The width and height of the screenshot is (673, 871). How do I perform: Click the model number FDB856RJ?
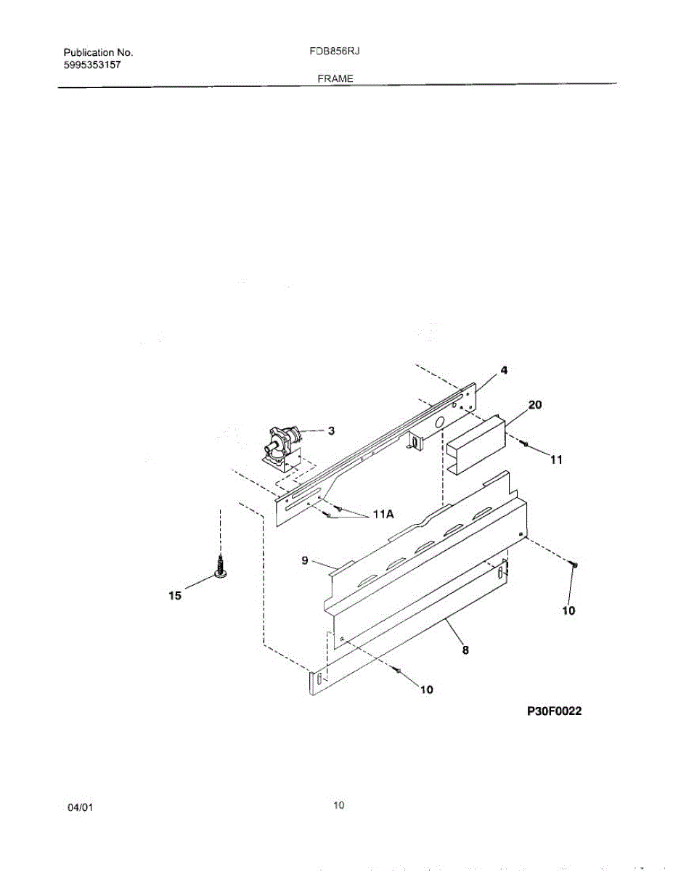click(x=330, y=53)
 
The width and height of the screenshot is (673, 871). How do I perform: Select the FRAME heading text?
click(x=335, y=78)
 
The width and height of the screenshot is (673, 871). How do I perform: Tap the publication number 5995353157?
click(x=92, y=65)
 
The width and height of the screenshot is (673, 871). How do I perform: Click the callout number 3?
click(x=331, y=431)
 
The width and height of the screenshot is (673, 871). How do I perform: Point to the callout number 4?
click(x=504, y=370)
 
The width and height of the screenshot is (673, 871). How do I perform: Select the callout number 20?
click(x=534, y=406)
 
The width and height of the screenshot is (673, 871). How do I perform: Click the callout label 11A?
click(x=383, y=514)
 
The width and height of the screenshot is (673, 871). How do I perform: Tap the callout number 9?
click(x=306, y=560)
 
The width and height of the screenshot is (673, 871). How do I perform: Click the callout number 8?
click(x=465, y=651)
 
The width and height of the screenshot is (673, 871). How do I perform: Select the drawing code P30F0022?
click(x=554, y=712)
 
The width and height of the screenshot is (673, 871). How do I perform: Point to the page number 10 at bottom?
click(x=338, y=804)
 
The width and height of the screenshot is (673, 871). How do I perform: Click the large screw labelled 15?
click(x=219, y=566)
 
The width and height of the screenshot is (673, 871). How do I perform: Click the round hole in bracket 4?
click(x=439, y=422)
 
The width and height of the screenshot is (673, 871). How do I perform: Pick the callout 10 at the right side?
click(x=568, y=611)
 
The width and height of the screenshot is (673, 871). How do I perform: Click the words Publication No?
click(x=98, y=53)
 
